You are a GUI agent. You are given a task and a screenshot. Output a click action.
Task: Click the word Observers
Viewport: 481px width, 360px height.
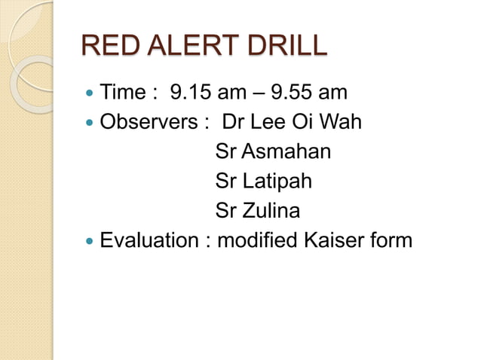coord(144,123)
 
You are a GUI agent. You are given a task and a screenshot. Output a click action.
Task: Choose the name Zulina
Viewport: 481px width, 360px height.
coord(271,211)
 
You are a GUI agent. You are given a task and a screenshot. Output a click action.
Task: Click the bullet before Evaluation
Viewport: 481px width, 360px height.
coord(90,242)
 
